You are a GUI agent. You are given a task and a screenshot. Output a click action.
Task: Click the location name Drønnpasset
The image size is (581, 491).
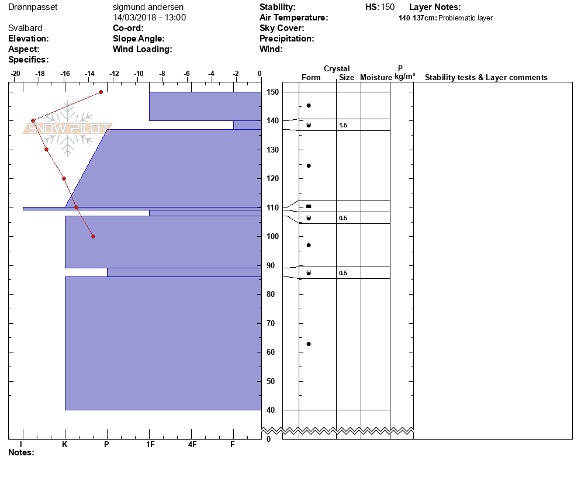[x=33, y=7]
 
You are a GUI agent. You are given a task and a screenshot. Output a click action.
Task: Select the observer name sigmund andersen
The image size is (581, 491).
[x=148, y=7]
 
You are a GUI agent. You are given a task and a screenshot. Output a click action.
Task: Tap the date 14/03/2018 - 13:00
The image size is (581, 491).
[x=149, y=18]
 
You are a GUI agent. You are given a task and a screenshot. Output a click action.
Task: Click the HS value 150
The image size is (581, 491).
[x=388, y=7]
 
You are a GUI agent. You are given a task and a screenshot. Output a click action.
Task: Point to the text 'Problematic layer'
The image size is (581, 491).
[x=465, y=18]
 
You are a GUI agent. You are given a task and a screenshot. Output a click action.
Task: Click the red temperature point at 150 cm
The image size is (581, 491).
[x=101, y=92]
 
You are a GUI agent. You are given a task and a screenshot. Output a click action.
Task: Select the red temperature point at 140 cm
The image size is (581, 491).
[x=33, y=120]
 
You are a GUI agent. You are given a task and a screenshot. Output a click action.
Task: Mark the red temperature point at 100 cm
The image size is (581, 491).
[x=94, y=236]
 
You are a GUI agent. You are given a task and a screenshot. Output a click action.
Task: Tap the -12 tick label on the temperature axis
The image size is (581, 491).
[x=114, y=74]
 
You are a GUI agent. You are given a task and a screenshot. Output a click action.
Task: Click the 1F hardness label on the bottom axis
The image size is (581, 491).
[x=150, y=444]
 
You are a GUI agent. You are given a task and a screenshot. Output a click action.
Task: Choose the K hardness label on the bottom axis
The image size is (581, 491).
[x=65, y=444]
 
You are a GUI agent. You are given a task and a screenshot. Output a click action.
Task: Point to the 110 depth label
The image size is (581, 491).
[x=273, y=208]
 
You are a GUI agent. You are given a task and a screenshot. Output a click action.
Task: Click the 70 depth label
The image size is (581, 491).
[x=271, y=323]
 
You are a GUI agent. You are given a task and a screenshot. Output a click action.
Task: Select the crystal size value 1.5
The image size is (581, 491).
[x=343, y=125]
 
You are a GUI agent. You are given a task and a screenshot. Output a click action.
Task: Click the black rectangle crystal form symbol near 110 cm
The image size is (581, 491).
[x=309, y=206]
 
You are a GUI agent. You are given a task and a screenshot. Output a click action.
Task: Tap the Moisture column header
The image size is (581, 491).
[x=376, y=77]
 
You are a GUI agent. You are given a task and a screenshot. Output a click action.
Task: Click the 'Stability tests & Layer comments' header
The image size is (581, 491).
[x=486, y=77]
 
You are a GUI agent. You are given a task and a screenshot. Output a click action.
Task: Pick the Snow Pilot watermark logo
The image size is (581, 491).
[x=67, y=128]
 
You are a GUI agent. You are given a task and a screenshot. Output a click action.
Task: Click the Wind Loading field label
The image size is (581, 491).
[x=142, y=49]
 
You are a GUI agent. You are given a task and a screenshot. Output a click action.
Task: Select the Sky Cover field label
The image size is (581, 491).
[x=282, y=28]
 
